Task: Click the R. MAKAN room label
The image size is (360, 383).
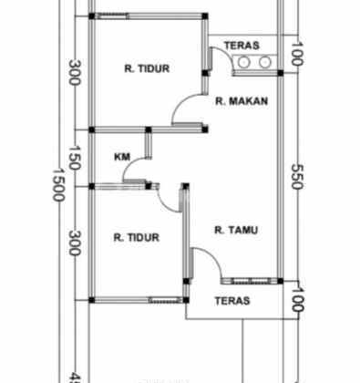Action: coord(242,102)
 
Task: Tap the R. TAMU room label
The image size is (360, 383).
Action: coord(235,231)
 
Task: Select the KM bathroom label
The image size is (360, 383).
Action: coord(121,157)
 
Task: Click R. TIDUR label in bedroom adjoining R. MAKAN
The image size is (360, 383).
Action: coord(147,68)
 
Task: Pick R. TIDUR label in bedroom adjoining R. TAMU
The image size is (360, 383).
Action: coord(136,238)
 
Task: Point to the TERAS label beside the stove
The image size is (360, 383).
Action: coord(241,45)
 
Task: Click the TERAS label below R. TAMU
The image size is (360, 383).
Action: coord(232,300)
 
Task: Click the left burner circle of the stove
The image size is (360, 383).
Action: coord(244,62)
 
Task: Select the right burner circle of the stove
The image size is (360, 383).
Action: coord(265,62)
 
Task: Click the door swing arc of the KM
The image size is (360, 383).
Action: coord(139,170)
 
